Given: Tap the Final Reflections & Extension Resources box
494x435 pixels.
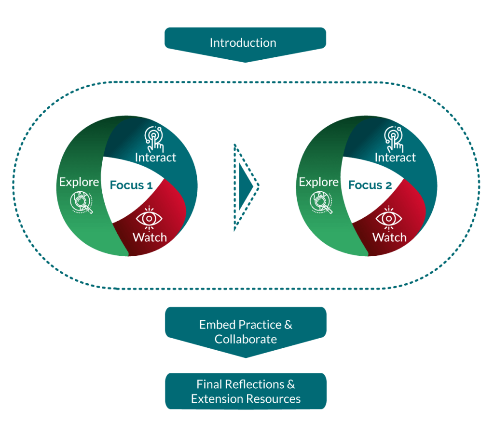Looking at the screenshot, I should (x=246, y=391).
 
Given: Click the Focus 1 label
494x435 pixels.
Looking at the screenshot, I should (x=131, y=185).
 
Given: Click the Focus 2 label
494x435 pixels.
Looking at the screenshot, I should (x=370, y=185).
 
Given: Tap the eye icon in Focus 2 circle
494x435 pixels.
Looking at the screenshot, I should (x=389, y=218).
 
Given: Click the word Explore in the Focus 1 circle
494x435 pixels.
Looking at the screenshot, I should (x=79, y=182).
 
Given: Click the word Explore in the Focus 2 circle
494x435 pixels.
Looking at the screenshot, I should (x=318, y=182).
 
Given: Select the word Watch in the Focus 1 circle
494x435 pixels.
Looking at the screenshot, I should (x=150, y=237).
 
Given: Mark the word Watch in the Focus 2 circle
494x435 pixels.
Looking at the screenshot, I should (x=389, y=237).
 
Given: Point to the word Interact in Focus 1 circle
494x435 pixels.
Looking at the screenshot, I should (x=155, y=158).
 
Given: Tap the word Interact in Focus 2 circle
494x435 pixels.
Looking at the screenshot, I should (x=395, y=158).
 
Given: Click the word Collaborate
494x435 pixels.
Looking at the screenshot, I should (x=246, y=339).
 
